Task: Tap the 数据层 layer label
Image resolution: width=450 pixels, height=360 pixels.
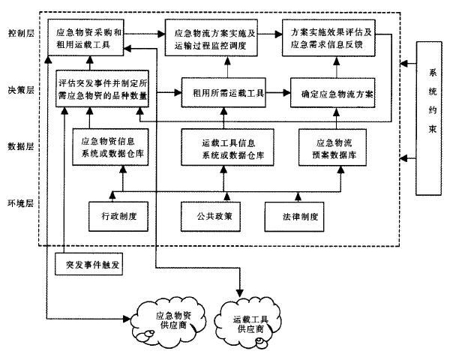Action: click(19, 146)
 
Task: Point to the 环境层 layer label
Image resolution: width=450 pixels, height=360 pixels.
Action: click(19, 202)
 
